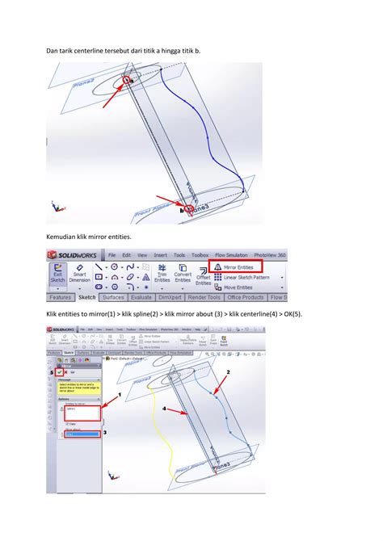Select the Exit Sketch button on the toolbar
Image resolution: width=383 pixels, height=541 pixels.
[x=57, y=276]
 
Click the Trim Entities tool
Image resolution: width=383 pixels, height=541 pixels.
[x=162, y=275]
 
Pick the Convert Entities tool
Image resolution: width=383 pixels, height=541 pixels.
[x=182, y=275]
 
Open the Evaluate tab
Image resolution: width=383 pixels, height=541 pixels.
[x=141, y=297]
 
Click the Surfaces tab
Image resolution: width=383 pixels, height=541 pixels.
[x=112, y=297]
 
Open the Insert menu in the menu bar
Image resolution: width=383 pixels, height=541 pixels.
[x=161, y=254]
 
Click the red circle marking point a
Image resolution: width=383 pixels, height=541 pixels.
[x=128, y=82]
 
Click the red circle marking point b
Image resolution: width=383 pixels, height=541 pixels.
[x=189, y=209]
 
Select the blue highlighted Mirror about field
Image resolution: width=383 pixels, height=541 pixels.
[x=83, y=434]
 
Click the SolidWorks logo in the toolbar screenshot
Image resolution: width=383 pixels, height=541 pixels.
[x=74, y=254]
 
